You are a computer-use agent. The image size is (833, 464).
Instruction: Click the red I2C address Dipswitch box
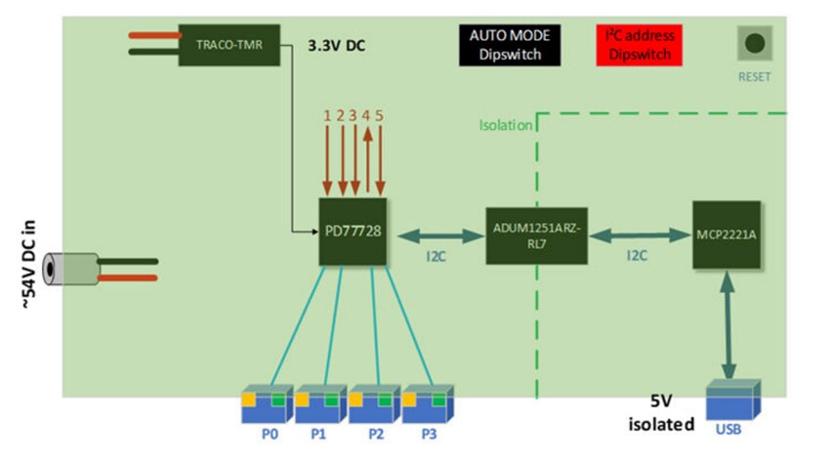(x=640, y=45)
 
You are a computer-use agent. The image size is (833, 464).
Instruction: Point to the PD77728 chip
(x=354, y=232)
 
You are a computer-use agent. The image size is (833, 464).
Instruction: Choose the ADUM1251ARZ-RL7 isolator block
(x=537, y=234)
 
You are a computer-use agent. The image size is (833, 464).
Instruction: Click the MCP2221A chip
(x=727, y=235)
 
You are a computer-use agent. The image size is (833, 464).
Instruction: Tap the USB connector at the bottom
(x=733, y=401)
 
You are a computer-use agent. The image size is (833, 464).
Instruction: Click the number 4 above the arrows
(x=366, y=115)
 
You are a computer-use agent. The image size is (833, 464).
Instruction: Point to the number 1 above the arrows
(x=328, y=115)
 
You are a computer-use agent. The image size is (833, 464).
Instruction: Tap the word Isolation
(x=505, y=125)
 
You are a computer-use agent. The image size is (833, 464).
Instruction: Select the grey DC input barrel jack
(x=75, y=269)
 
